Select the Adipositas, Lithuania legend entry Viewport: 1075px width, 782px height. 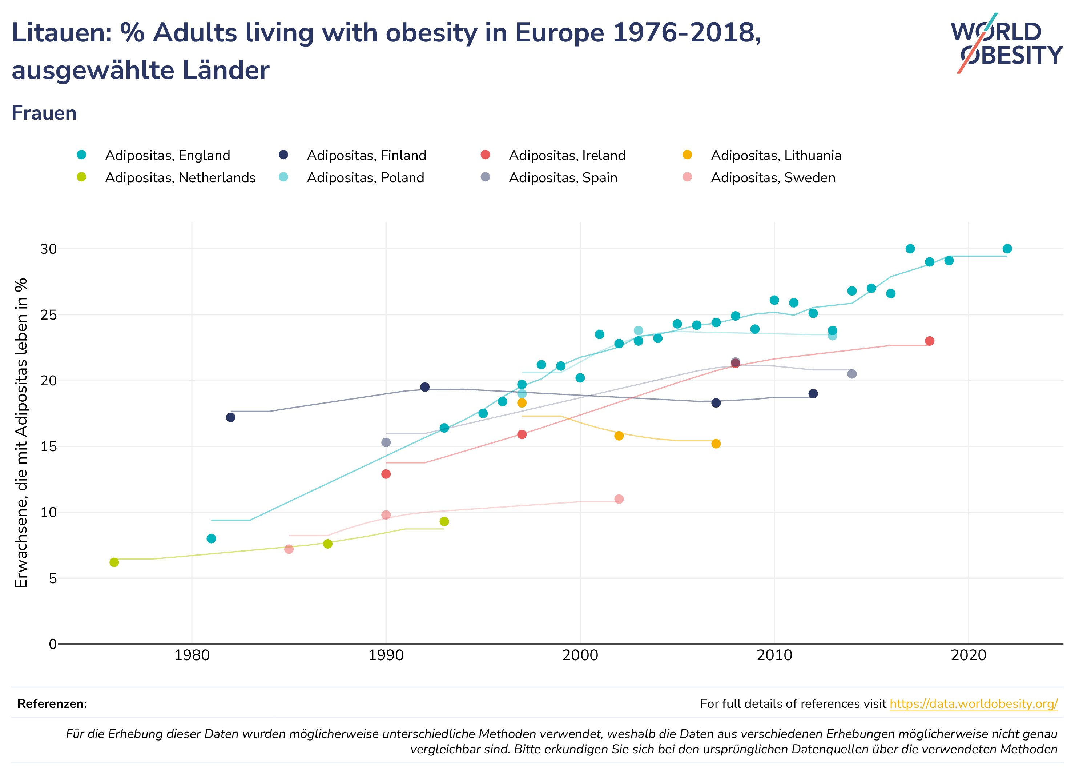[762, 155]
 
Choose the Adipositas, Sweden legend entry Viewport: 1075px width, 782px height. [758, 177]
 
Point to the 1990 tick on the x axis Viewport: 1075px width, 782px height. [386, 655]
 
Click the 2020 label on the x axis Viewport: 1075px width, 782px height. [969, 655]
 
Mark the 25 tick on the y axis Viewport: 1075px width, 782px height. [48, 315]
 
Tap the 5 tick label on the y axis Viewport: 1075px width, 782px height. [53, 578]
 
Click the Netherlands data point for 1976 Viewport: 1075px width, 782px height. [114, 562]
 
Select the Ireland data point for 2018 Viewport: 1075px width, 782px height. [930, 341]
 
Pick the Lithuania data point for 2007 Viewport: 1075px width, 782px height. [716, 444]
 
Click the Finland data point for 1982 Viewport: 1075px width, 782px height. [231, 417]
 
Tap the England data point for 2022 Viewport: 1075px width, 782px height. [1007, 249]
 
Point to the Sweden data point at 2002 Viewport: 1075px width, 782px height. [619, 499]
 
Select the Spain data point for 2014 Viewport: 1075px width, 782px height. [852, 374]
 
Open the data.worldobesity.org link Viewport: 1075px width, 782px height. [974, 704]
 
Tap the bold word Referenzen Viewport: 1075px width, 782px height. [52, 704]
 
